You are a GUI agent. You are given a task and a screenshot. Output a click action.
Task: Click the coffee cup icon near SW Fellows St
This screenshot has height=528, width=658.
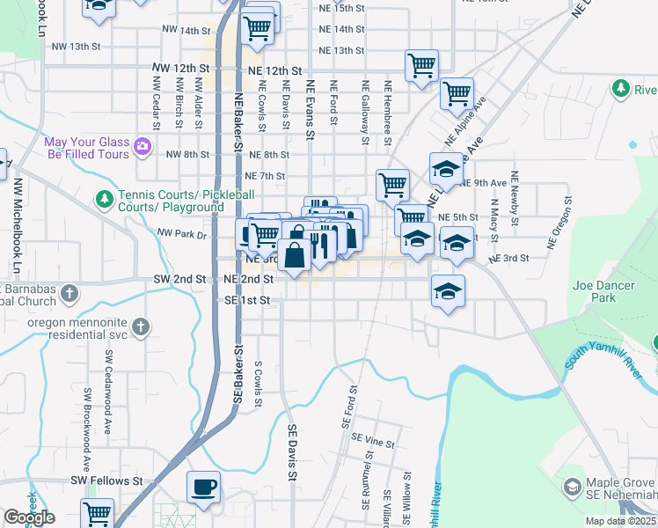[204, 488]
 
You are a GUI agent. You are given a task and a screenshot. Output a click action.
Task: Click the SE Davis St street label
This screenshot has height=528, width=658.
[292, 452]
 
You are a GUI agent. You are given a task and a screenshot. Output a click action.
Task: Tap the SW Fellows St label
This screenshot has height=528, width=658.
[106, 481]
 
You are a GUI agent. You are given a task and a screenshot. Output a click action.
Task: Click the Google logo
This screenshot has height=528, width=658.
[29, 517]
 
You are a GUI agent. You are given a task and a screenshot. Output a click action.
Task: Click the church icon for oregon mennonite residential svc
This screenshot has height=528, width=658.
[140, 327]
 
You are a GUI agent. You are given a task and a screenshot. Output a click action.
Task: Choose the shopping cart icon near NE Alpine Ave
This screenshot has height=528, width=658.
[457, 92]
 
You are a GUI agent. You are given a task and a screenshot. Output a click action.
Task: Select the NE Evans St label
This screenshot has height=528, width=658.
[310, 109]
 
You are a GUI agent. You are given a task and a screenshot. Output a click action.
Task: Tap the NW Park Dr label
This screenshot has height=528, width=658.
[181, 234]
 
